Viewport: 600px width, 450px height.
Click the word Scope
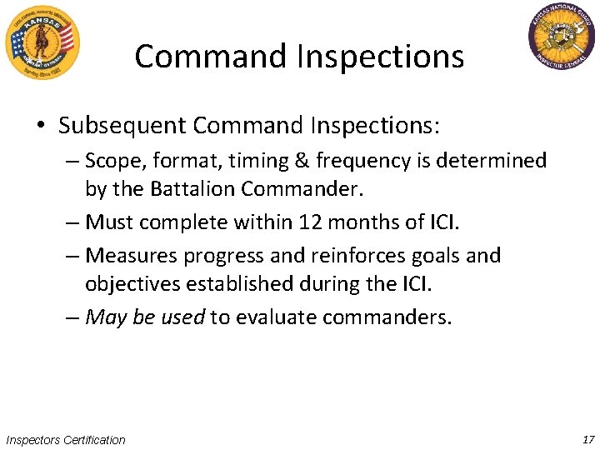click(112, 160)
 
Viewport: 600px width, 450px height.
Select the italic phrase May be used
click(145, 317)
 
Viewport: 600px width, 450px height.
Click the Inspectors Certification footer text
click(66, 440)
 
